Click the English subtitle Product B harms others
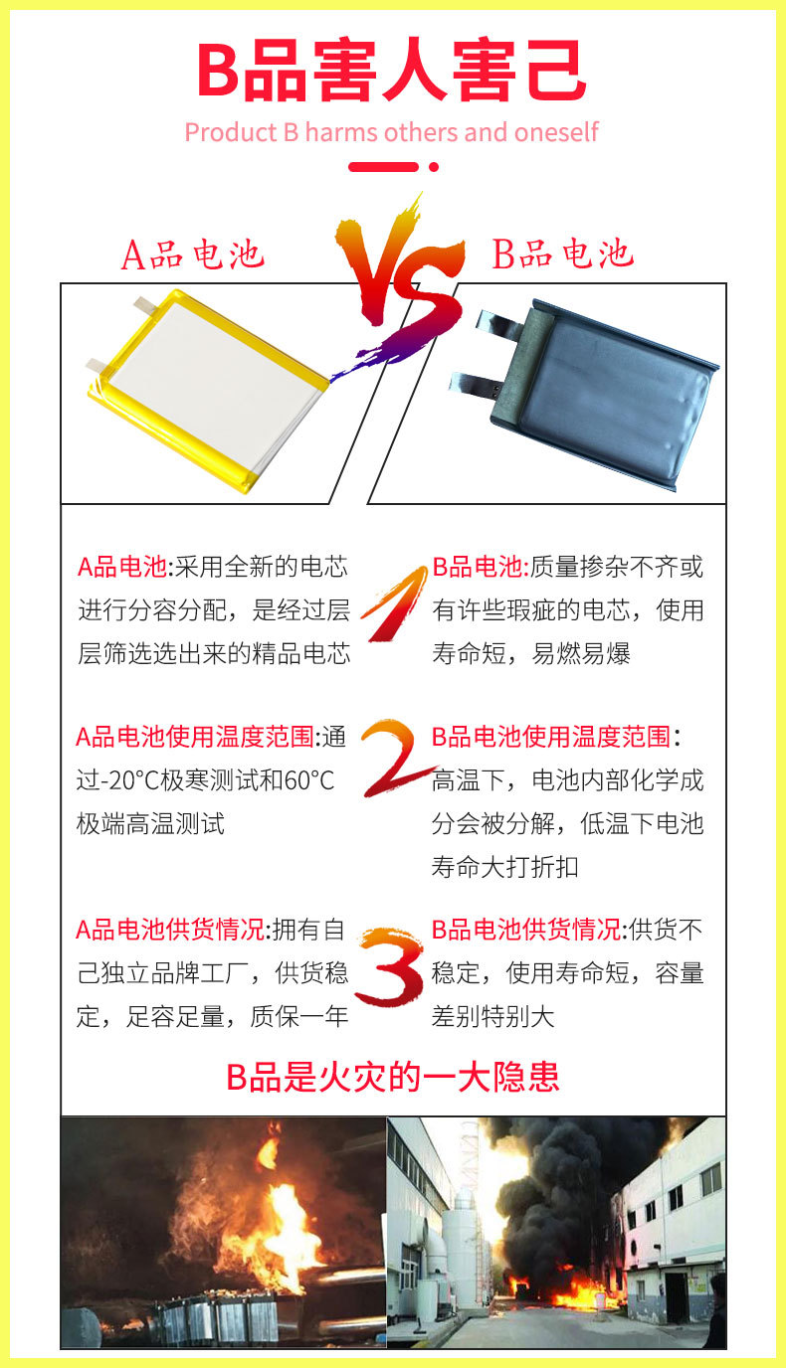(x=391, y=132)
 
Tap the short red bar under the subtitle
(x=392, y=166)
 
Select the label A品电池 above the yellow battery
(x=193, y=255)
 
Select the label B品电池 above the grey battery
(x=563, y=255)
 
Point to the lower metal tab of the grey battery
(x=476, y=381)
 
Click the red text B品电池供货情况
(x=526, y=930)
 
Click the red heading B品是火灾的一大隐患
(x=393, y=1077)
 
